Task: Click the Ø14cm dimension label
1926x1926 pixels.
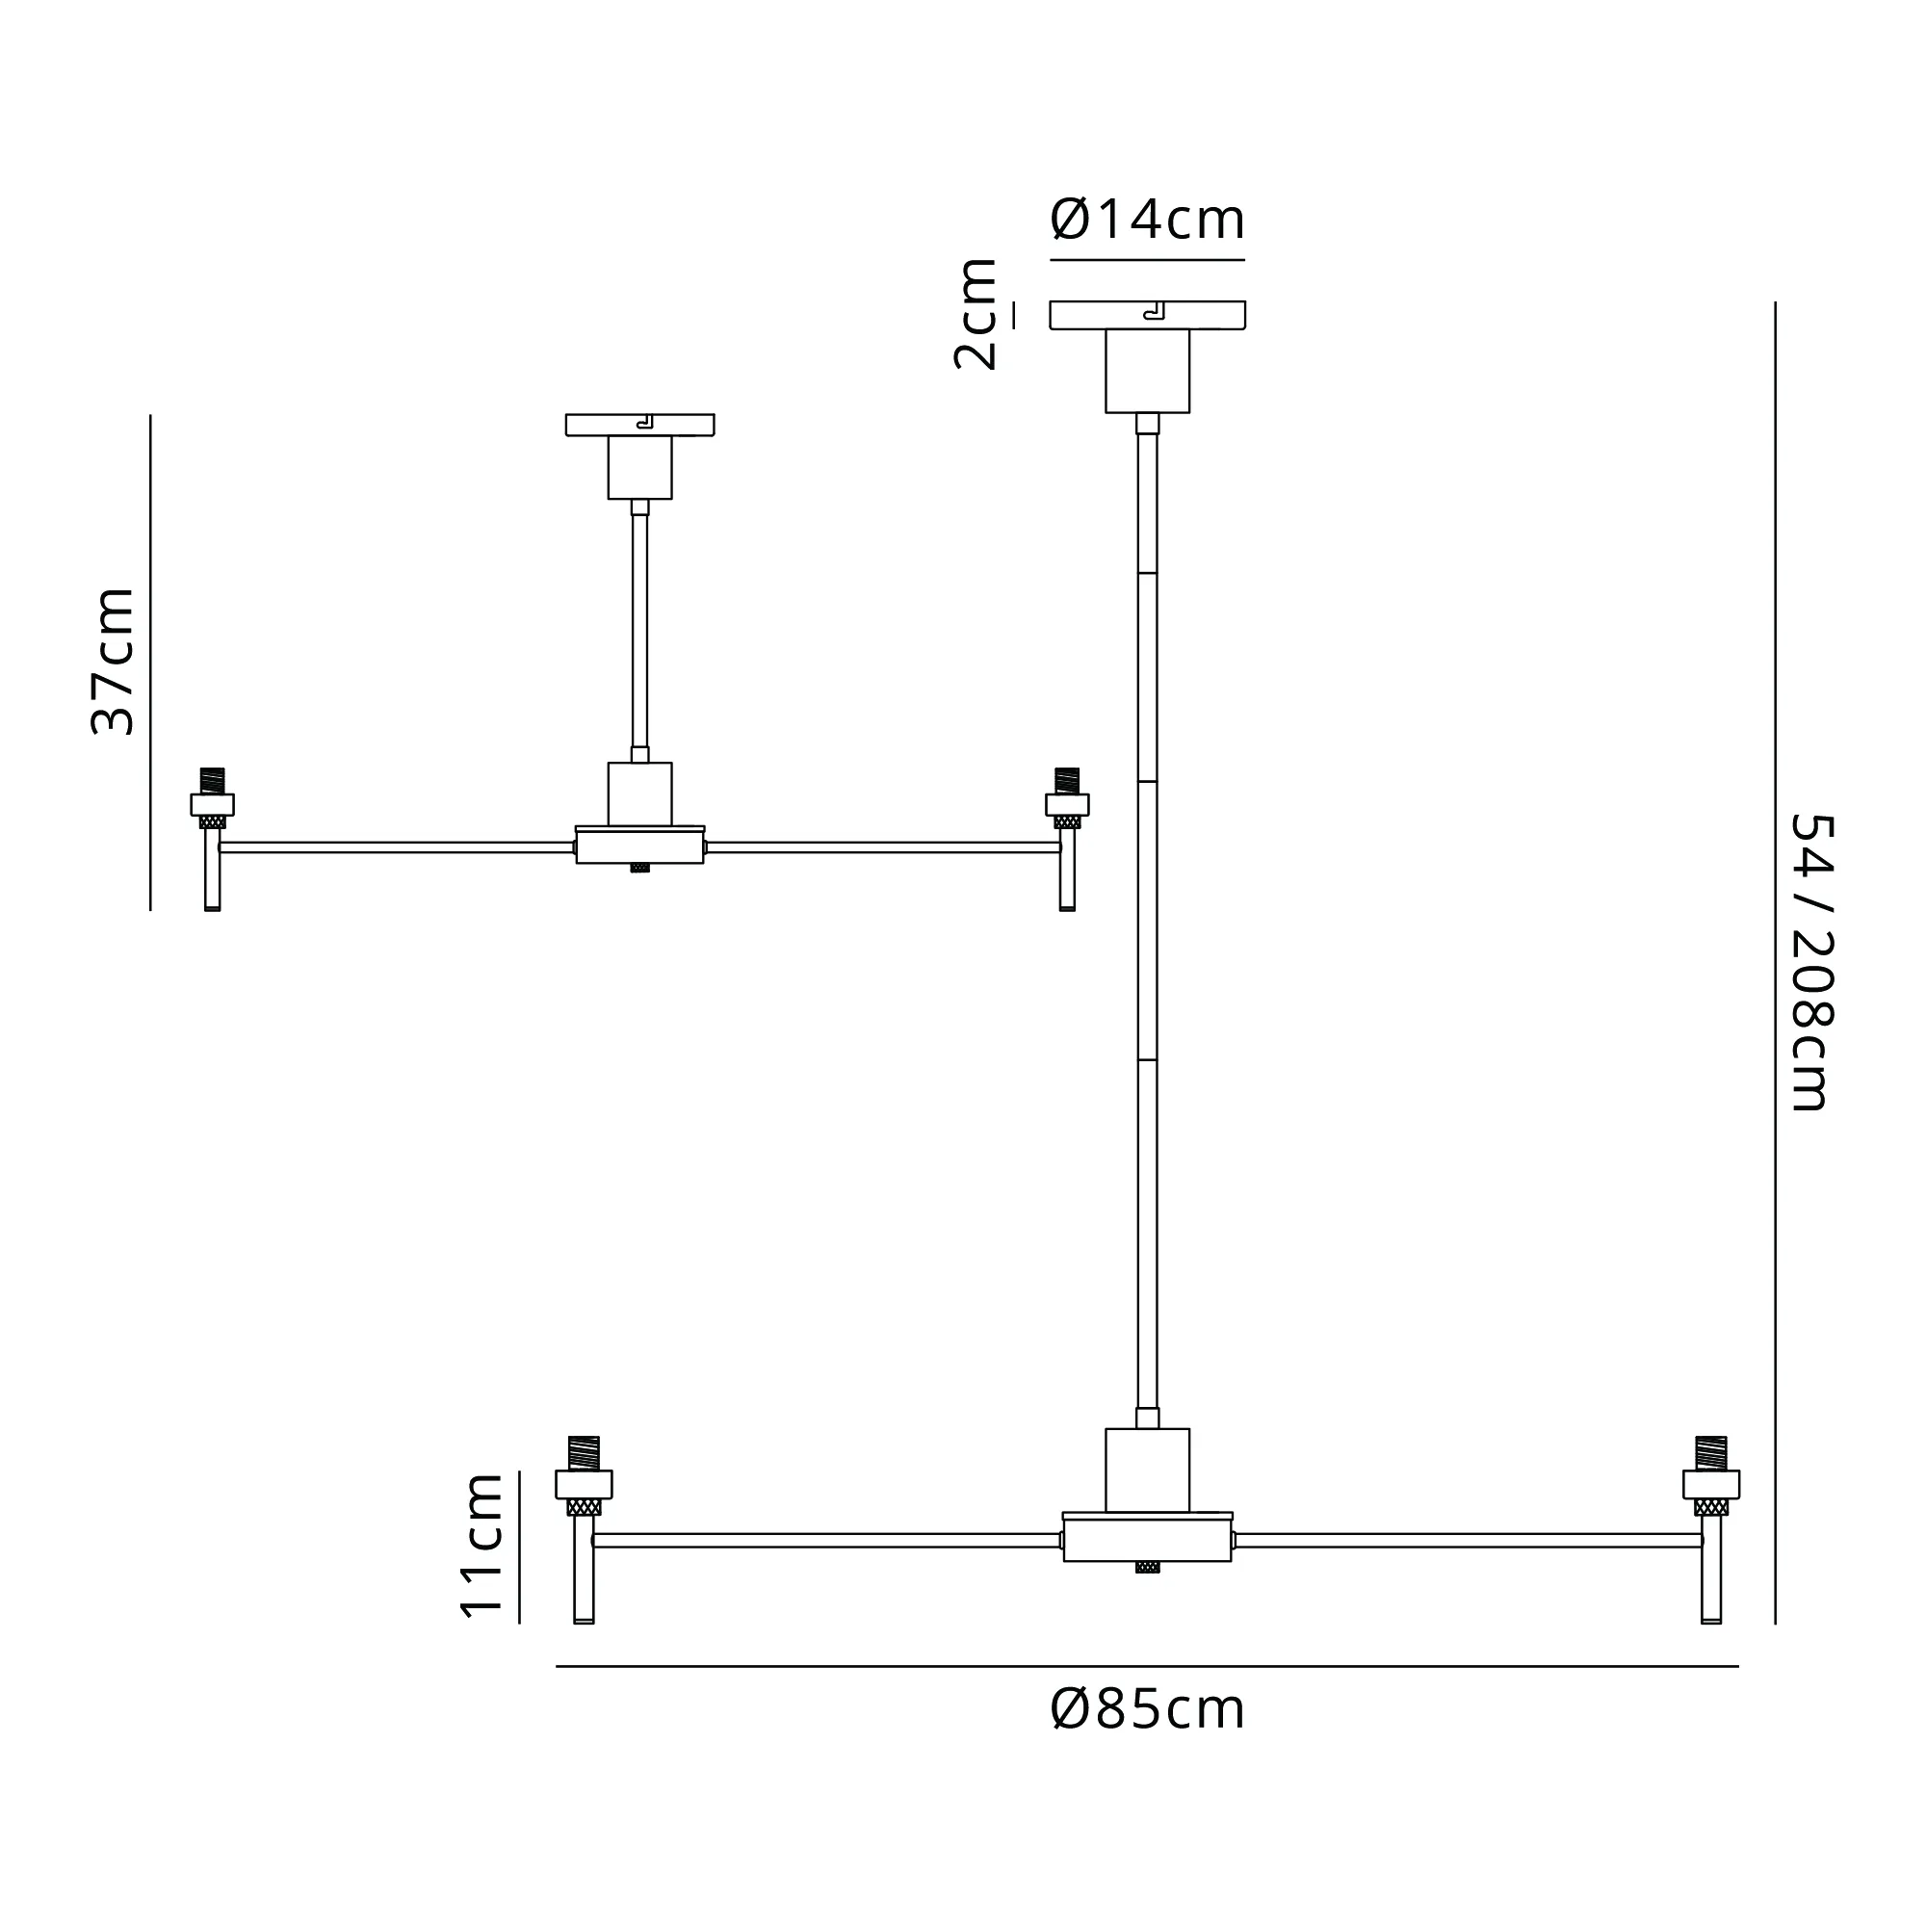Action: coord(1148,220)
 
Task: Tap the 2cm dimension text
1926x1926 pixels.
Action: coord(976,314)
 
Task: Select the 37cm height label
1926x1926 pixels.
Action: coord(113,662)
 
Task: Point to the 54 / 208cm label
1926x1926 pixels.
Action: coord(1812,962)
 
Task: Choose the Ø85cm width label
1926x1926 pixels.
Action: coord(1148,1710)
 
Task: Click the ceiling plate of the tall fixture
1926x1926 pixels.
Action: coord(1148,315)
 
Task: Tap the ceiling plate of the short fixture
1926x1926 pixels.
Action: coord(640,426)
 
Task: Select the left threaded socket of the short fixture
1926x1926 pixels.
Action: coord(212,798)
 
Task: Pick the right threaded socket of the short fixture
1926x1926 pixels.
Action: coord(1068,798)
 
